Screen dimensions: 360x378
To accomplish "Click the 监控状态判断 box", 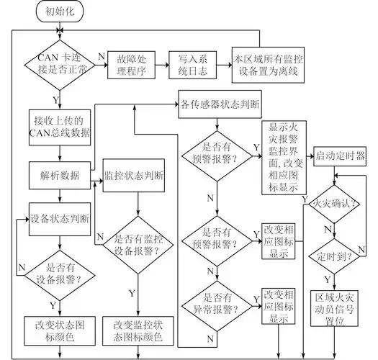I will (134, 175).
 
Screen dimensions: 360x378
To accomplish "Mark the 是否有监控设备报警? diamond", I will (133, 237).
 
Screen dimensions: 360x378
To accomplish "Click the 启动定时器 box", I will (339, 156).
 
